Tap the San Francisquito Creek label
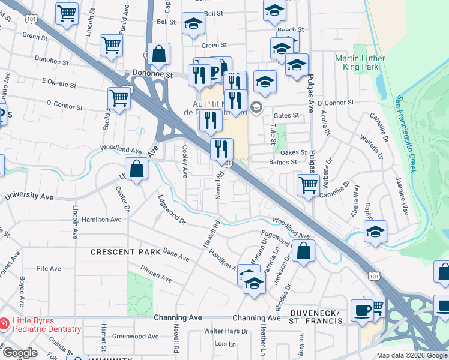[405, 134]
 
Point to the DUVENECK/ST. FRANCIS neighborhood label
[316, 317]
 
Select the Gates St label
[286, 115]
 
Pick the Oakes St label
[294, 152]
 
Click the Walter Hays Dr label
[226, 331]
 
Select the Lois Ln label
[225, 344]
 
